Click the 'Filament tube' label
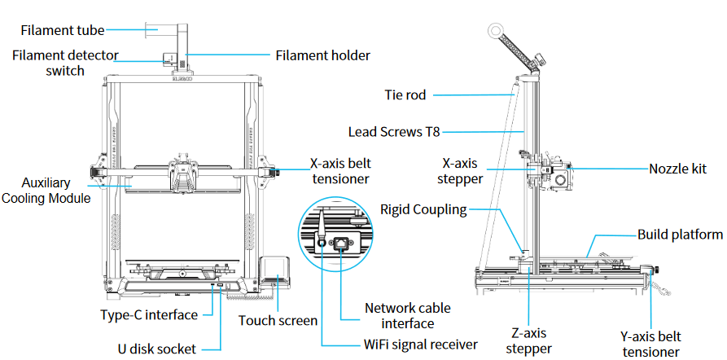click(63, 31)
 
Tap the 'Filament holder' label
click(322, 56)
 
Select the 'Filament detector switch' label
click(65, 64)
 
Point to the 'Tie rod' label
click(405, 94)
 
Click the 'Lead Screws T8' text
click(395, 130)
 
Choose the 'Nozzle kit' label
click(677, 169)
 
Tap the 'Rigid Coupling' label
click(423, 209)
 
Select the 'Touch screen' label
click(278, 320)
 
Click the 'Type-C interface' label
click(149, 314)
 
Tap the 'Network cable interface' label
click(407, 315)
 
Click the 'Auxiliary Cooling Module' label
click(46, 191)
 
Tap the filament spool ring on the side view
click(495, 30)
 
